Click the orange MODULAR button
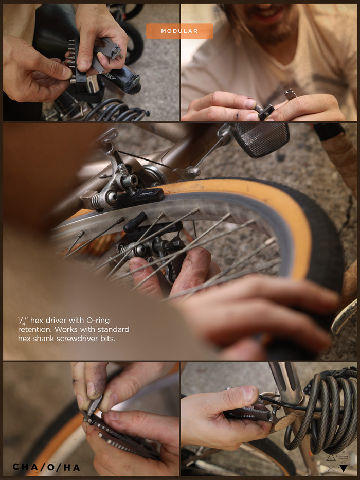[179, 31]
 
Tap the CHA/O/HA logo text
[46, 467]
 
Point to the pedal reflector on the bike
[260, 139]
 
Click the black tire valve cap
[135, 219]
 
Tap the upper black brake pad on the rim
[140, 197]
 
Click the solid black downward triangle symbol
[344, 468]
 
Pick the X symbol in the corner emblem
[331, 468]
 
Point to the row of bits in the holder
[71, 61]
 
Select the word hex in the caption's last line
[23, 339]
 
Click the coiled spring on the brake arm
[97, 200]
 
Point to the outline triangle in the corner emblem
[331, 458]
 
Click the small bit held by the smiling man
[290, 94]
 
